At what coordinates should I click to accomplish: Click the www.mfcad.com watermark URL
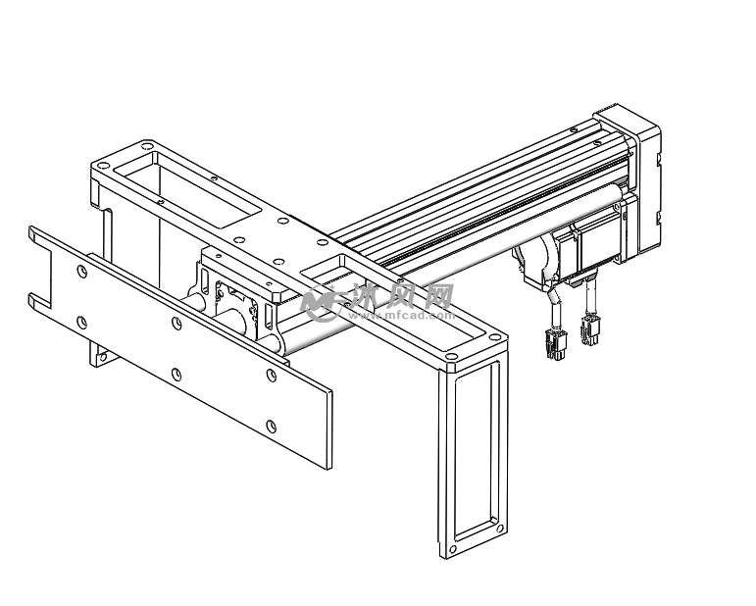click(x=402, y=316)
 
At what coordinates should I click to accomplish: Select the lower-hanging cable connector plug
click(x=555, y=344)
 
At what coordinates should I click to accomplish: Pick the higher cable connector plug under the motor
click(x=590, y=329)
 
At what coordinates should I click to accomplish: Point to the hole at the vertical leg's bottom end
click(x=453, y=549)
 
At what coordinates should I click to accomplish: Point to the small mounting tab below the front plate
click(x=100, y=354)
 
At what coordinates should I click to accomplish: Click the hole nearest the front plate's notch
click(x=82, y=272)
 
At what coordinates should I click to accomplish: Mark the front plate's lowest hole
click(x=272, y=427)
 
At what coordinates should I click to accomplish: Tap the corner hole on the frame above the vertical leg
click(x=451, y=356)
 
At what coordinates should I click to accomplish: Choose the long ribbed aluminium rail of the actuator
click(x=482, y=202)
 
